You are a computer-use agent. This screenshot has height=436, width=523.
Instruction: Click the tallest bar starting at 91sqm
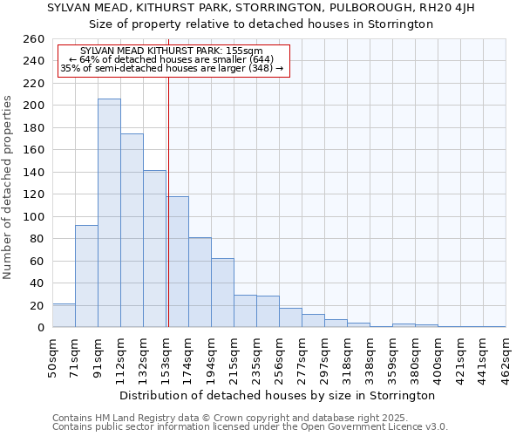coord(109,213)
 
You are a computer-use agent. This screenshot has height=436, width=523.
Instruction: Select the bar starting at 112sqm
coord(132,230)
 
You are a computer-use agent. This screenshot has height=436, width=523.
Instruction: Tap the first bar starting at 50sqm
coord(64,316)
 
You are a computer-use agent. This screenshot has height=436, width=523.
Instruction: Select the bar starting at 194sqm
coord(222,293)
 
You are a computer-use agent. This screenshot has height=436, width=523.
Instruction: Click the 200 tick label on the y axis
coord(34,106)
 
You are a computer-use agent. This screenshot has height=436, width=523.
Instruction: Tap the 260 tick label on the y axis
coord(34,39)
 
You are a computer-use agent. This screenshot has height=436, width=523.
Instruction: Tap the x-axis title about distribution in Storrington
coord(278,395)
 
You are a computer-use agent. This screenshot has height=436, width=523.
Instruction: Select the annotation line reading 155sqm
coord(171,51)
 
